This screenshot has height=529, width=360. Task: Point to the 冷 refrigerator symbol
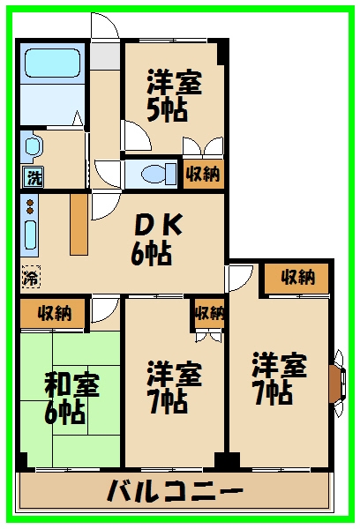point(31,276)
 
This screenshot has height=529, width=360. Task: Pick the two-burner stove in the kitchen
point(30,209)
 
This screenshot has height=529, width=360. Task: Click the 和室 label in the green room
point(72,385)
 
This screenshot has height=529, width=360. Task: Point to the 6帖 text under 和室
point(66,411)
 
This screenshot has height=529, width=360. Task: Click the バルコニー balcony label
point(174,490)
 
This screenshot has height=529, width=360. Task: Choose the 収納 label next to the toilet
point(202,173)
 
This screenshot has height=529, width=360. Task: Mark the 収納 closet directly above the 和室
point(53,312)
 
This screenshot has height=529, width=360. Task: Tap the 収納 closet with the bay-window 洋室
point(297,277)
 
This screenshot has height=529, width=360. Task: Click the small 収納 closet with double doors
point(209,313)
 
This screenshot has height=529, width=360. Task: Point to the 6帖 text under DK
point(151,254)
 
